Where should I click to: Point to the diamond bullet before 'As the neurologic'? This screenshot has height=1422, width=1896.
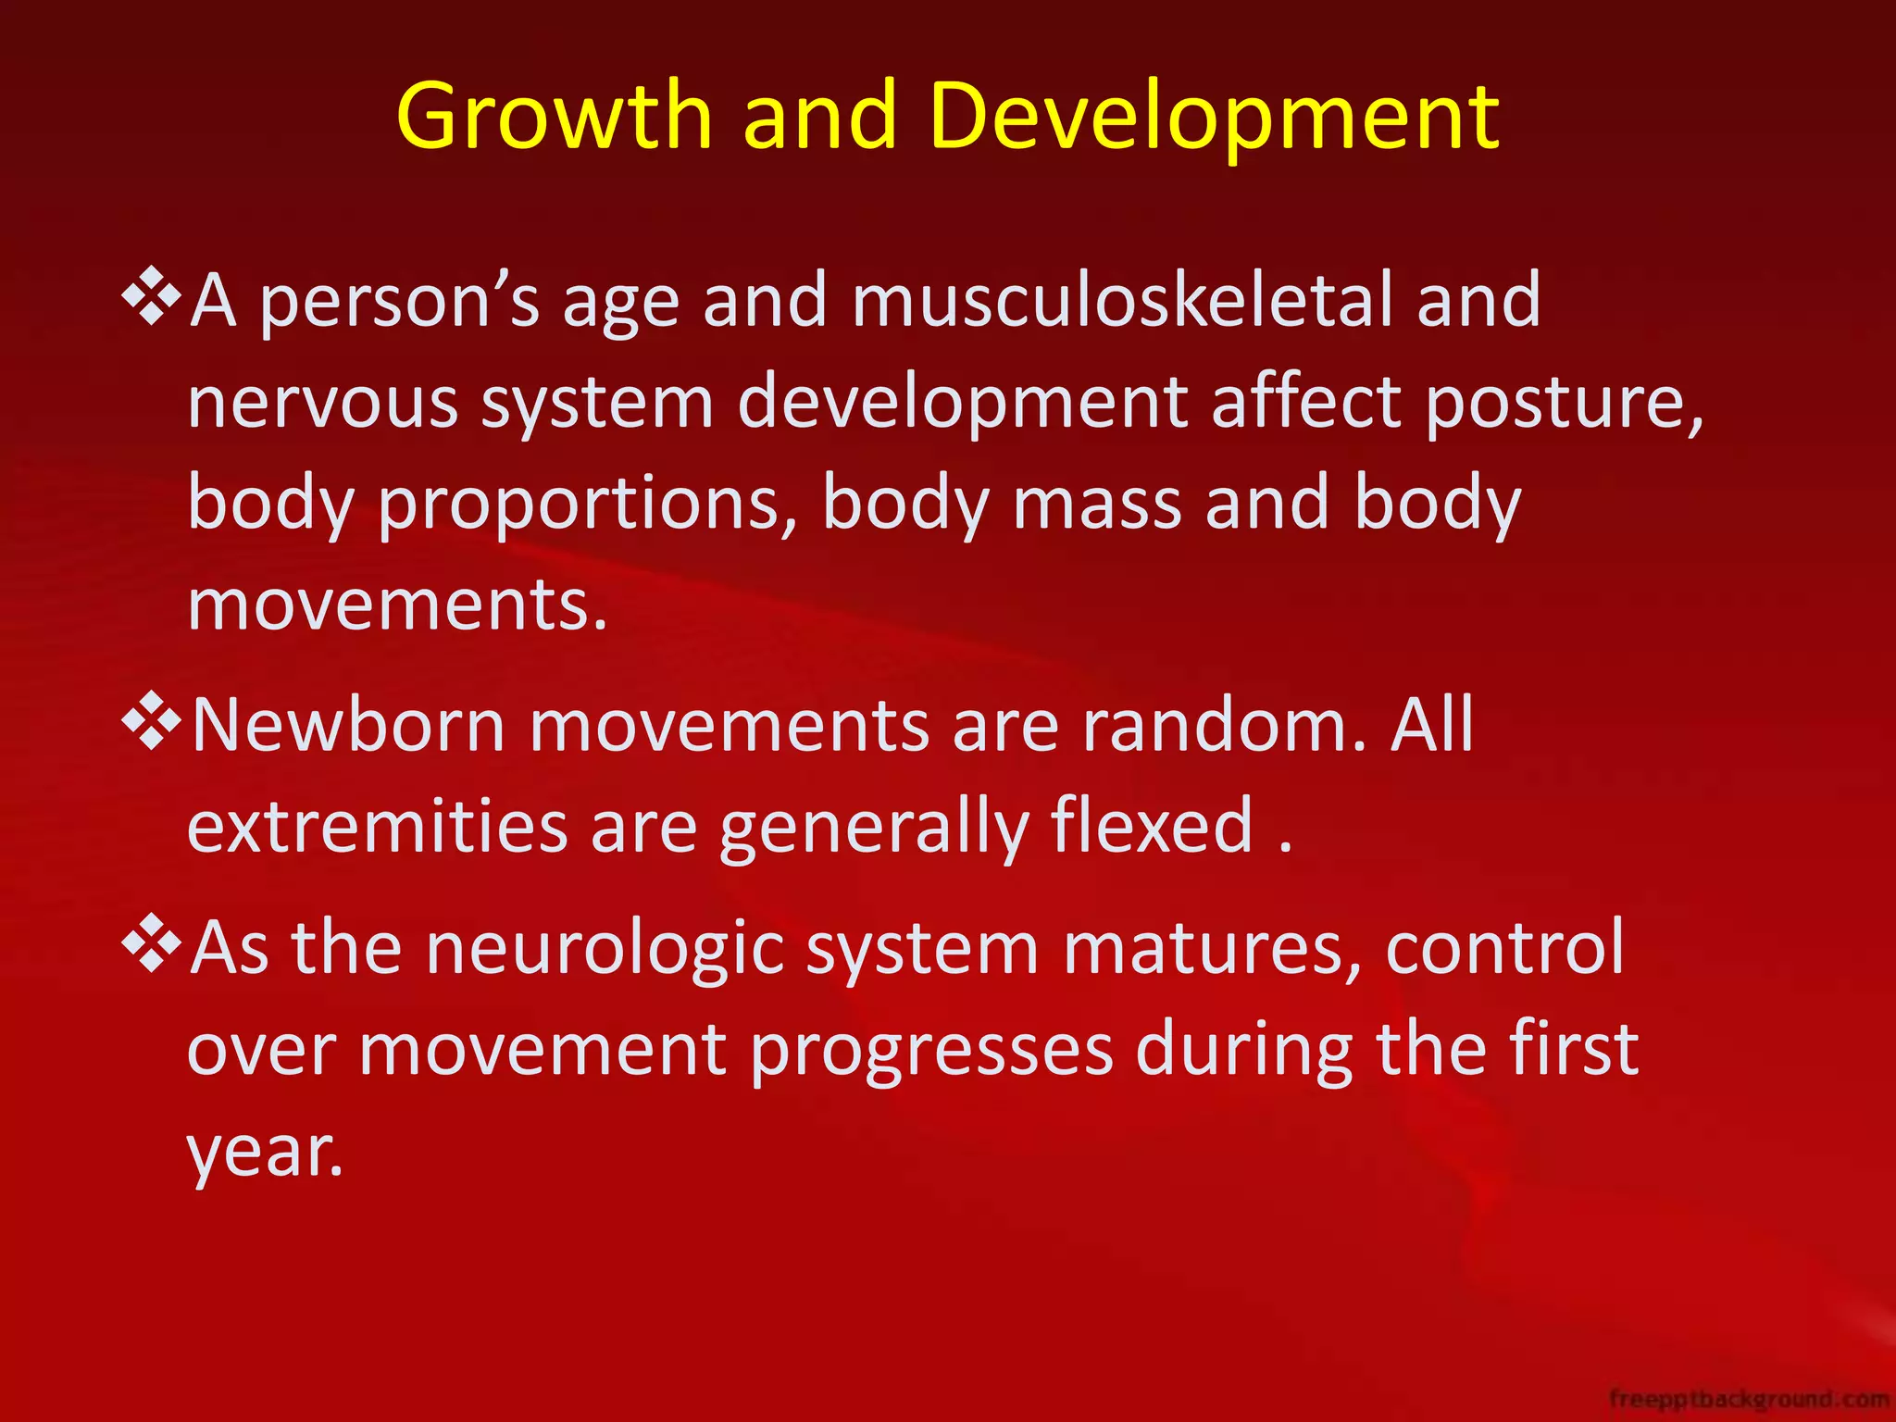(151, 944)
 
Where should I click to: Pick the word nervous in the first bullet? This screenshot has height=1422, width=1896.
(322, 403)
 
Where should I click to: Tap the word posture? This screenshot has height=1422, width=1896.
(1563, 403)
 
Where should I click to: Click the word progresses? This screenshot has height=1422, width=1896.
(931, 1051)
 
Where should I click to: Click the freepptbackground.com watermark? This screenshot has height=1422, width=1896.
(1749, 1398)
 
